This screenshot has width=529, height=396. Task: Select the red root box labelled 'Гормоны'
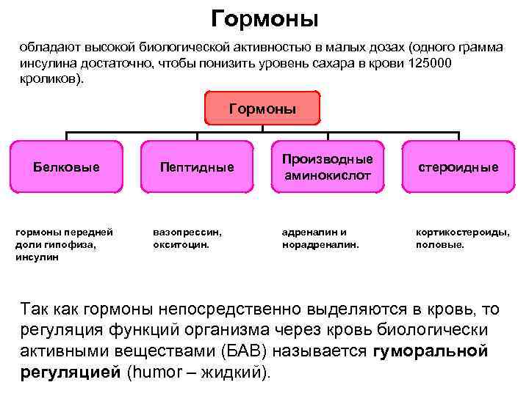pyautogui.click(x=262, y=109)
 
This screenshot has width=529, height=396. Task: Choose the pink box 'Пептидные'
pyautogui.click(x=197, y=167)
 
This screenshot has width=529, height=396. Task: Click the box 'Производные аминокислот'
pyautogui.click(x=327, y=167)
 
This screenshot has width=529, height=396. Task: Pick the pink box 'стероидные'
pyautogui.click(x=458, y=167)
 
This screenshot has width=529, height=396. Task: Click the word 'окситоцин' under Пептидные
pyautogui.click(x=179, y=245)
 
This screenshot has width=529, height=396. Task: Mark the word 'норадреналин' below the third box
pyautogui.click(x=320, y=245)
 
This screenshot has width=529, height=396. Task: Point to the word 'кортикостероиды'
pyautogui.click(x=461, y=232)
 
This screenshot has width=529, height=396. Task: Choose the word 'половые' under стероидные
pyautogui.click(x=439, y=245)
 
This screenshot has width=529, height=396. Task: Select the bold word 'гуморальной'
pyautogui.click(x=431, y=351)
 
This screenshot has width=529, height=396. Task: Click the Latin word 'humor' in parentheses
pyautogui.click(x=154, y=371)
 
